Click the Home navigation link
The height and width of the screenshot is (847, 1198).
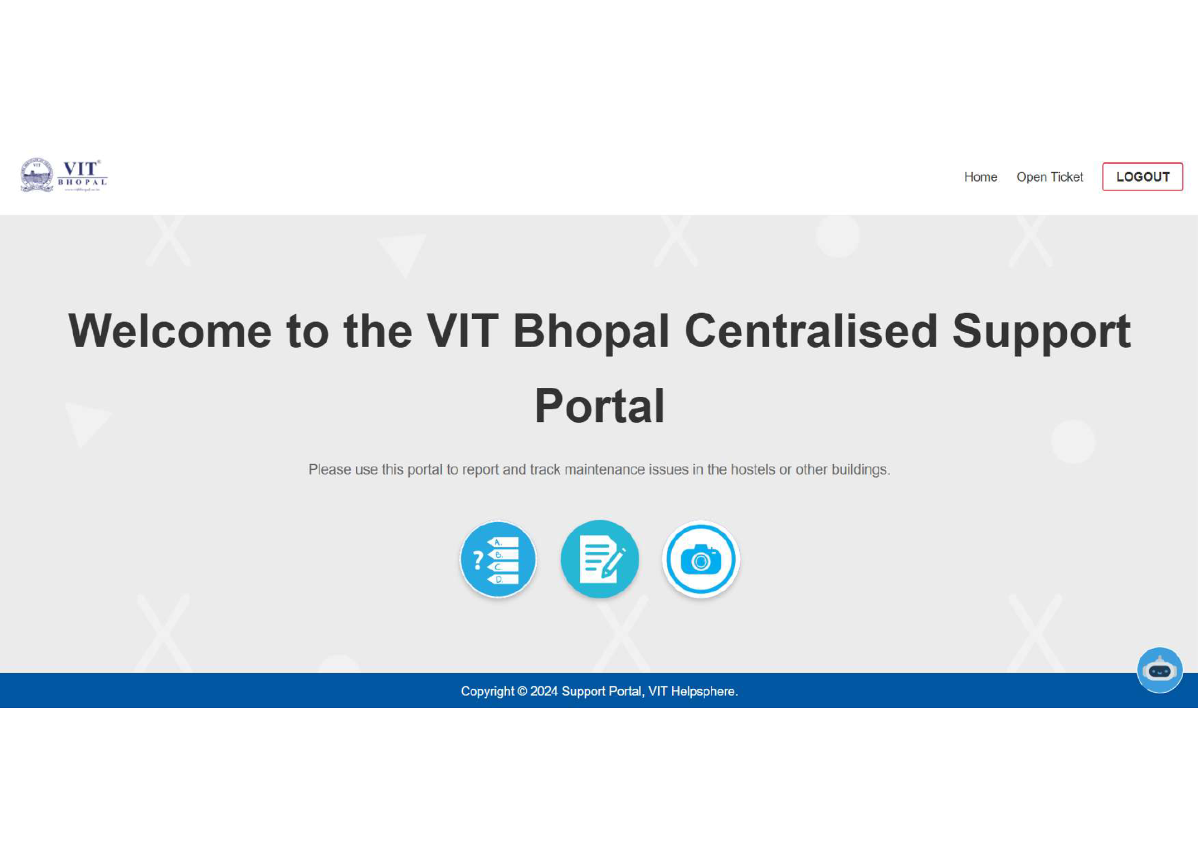[981, 177]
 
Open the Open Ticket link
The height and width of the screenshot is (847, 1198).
[1049, 177]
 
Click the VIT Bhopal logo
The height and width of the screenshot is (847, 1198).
[64, 175]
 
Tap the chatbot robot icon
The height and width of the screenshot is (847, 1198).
[1160, 670]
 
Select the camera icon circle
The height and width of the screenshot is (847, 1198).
[701, 559]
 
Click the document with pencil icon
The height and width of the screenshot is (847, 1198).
[600, 559]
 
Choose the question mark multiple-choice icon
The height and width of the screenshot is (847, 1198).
[498, 559]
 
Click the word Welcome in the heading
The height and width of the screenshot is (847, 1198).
[170, 331]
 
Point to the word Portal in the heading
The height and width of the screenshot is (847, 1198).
[600, 406]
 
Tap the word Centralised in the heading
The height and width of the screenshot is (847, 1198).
[811, 331]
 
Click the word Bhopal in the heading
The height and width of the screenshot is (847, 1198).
[591, 332]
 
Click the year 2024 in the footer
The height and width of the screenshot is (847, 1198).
[544, 691]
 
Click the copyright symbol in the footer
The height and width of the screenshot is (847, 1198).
[522, 691]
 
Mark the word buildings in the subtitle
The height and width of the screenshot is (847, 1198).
[861, 470]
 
